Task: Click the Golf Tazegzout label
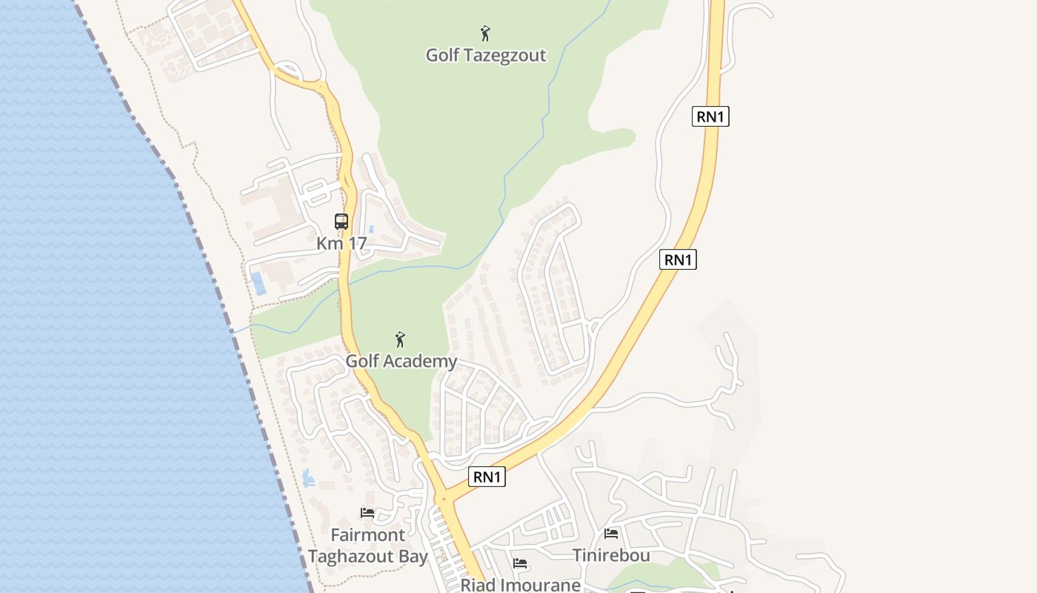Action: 486,56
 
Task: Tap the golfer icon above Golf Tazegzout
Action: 485,33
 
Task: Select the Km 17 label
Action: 341,243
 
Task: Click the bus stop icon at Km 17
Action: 341,221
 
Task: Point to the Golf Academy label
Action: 401,362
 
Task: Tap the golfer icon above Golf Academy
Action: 400,339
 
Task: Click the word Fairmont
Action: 367,534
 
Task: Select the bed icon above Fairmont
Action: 367,513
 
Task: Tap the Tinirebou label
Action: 611,555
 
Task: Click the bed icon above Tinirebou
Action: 611,534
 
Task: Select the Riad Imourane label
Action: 520,585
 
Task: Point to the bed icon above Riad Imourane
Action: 520,564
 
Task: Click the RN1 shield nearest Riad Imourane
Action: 487,477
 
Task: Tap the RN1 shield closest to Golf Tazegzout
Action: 710,116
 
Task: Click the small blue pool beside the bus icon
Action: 371,230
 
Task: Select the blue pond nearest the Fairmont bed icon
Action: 308,479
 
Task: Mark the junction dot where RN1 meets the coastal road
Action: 444,499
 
